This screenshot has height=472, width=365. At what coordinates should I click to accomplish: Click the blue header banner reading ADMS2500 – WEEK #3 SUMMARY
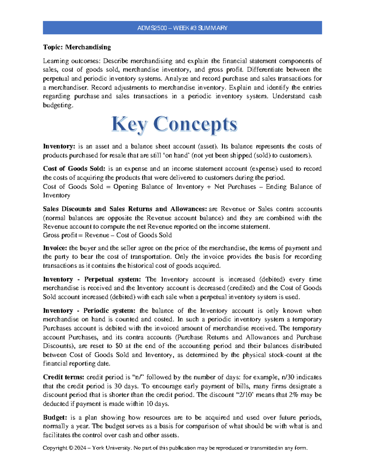tap(182, 28)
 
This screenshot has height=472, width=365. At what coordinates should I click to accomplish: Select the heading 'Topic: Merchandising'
tap(77, 47)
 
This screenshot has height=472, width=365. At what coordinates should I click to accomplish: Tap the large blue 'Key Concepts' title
tap(174, 125)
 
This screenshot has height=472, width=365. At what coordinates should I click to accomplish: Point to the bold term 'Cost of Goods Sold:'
tap(74, 169)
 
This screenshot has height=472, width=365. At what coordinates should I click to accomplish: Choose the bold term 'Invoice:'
tap(55, 248)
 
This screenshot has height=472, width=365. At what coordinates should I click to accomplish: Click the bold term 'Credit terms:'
tap(64, 377)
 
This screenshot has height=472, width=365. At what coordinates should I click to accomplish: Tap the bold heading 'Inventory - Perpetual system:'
tap(92, 279)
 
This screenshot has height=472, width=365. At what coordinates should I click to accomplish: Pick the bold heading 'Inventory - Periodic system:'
tap(89, 311)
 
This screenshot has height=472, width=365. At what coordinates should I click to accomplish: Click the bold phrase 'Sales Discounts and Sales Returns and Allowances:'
tap(125, 209)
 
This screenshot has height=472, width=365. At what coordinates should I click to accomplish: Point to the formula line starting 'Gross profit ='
tap(107, 235)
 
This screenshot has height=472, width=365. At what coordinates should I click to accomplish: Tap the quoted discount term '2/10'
tap(246, 395)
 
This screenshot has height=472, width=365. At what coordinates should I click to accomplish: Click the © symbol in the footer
tap(71, 448)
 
